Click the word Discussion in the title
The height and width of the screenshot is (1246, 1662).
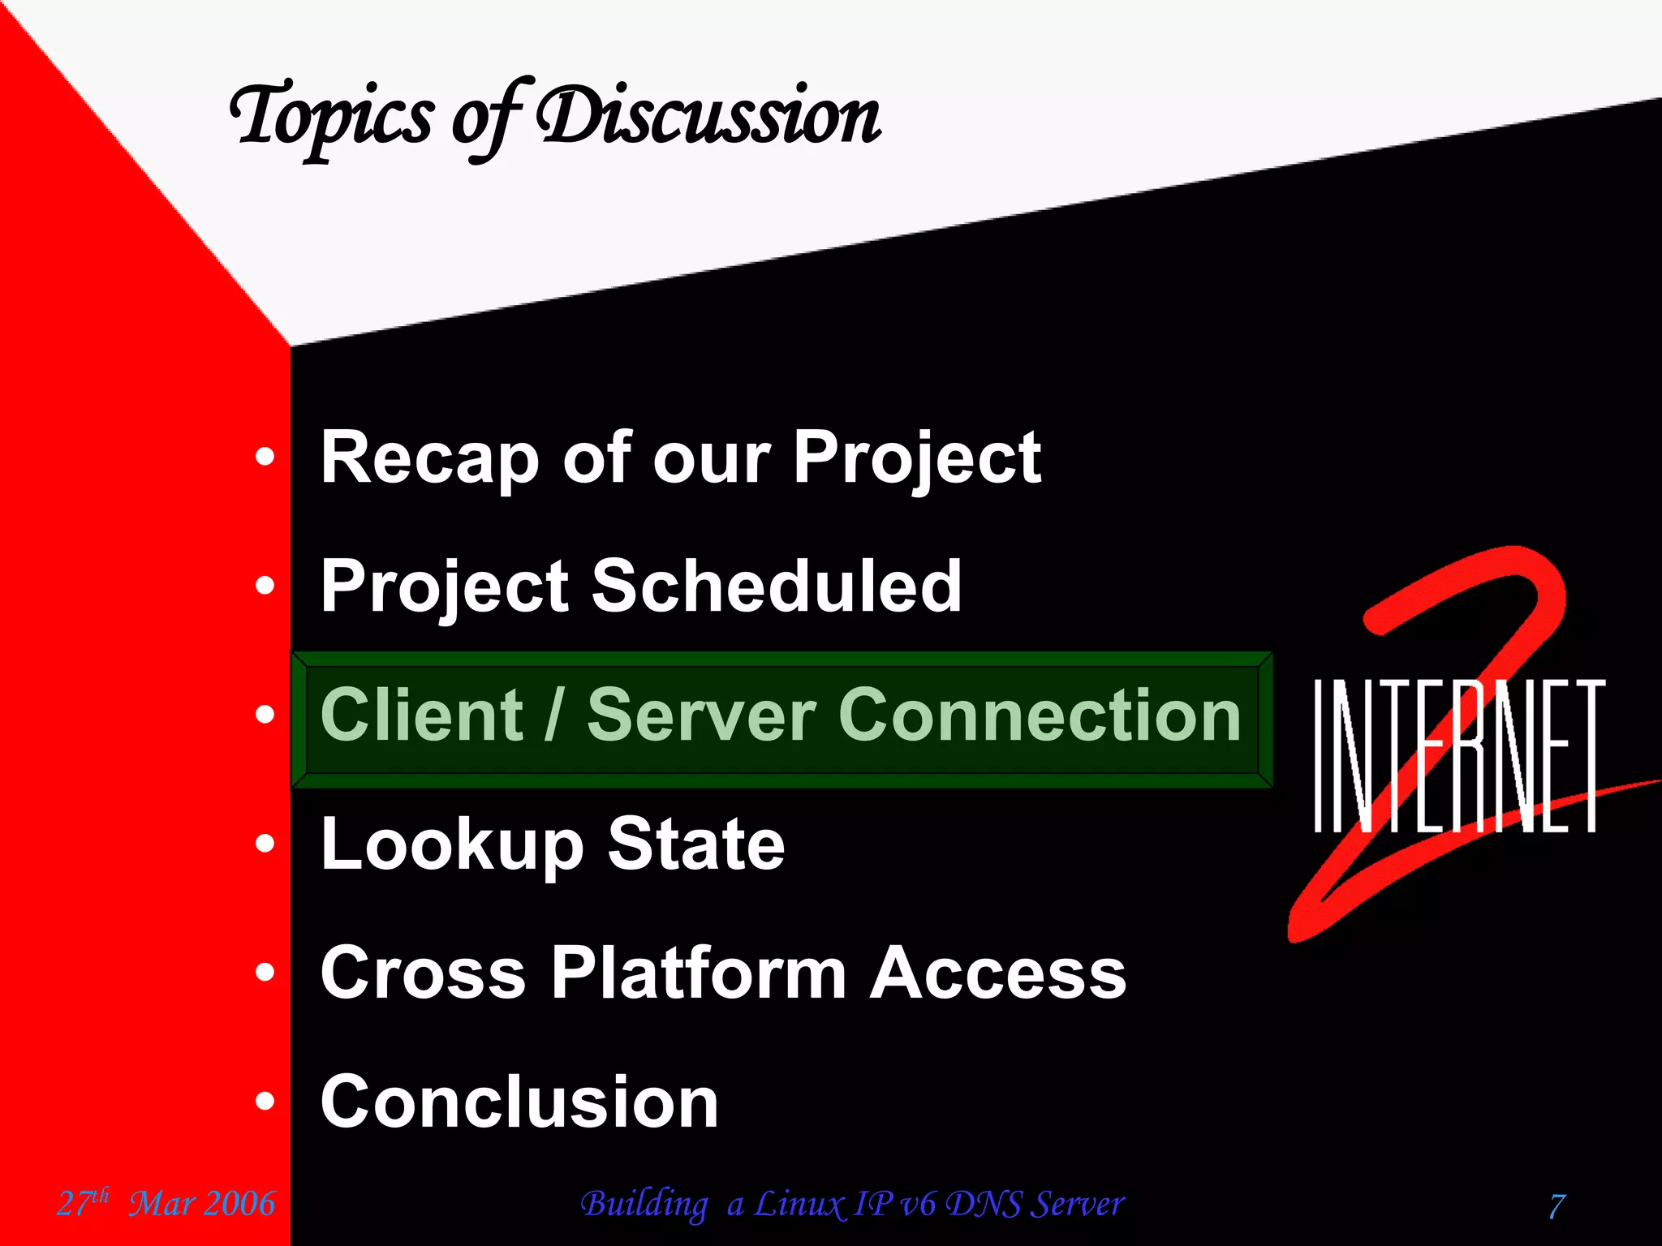[x=709, y=118]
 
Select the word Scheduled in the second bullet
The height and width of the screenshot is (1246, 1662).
[x=777, y=586]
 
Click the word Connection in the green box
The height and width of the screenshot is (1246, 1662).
[x=1039, y=715]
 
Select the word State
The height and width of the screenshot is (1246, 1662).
[x=696, y=844]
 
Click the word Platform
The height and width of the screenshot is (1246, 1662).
[x=699, y=973]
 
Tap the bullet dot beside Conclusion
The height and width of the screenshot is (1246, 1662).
[x=265, y=1102]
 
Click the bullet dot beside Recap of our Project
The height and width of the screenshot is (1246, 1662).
[x=265, y=458]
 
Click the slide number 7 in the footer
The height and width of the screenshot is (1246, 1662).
[x=1557, y=1205]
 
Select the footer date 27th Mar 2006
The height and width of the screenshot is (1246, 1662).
[x=166, y=1203]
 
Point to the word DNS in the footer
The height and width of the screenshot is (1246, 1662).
[x=984, y=1204]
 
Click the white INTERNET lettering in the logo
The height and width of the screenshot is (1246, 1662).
[x=1457, y=754]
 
